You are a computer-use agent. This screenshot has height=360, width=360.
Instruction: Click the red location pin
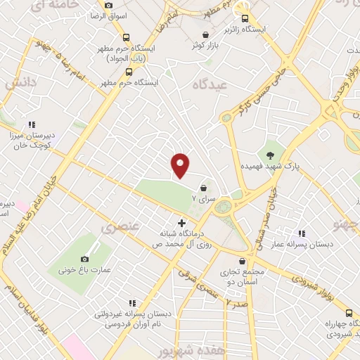click(x=181, y=165)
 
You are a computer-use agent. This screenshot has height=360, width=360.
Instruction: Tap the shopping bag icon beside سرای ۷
click(x=203, y=188)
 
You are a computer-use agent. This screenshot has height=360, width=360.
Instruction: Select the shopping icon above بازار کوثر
click(x=205, y=34)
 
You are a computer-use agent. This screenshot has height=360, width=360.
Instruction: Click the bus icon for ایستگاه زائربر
click(x=245, y=19)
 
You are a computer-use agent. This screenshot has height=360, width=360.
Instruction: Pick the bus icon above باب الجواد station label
click(x=126, y=38)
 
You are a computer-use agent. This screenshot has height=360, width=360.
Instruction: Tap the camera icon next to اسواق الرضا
click(x=108, y=5)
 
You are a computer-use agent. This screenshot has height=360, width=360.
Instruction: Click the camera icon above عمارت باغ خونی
click(x=86, y=259)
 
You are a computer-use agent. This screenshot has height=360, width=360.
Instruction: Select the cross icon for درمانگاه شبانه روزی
click(x=182, y=223)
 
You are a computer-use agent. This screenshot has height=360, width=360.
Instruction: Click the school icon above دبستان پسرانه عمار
click(x=302, y=233)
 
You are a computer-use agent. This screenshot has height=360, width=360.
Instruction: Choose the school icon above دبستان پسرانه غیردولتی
click(x=131, y=303)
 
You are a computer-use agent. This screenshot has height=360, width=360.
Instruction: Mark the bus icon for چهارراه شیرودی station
click(x=349, y=312)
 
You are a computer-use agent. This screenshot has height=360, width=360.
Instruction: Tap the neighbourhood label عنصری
click(x=116, y=228)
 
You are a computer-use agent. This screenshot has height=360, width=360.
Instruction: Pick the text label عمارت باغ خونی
click(x=77, y=269)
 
